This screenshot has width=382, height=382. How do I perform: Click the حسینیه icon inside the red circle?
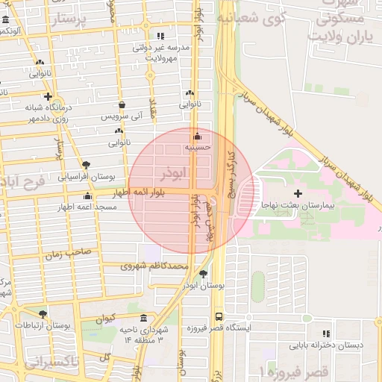click(x=197, y=137)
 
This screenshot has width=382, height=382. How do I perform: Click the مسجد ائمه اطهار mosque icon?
click(x=87, y=196)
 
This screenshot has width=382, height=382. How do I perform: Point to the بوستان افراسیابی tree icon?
click(x=87, y=165)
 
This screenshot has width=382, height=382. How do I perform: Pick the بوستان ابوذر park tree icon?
click(x=203, y=274)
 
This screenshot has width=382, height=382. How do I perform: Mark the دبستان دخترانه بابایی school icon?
click(x=325, y=334)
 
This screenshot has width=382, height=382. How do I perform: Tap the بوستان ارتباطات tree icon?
click(x=42, y=314)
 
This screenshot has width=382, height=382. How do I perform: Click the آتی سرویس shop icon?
click(x=120, y=105)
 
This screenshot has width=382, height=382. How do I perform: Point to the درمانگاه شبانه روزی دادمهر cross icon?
click(x=48, y=97)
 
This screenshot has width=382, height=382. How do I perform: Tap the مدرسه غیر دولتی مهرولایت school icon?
click(x=160, y=36)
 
